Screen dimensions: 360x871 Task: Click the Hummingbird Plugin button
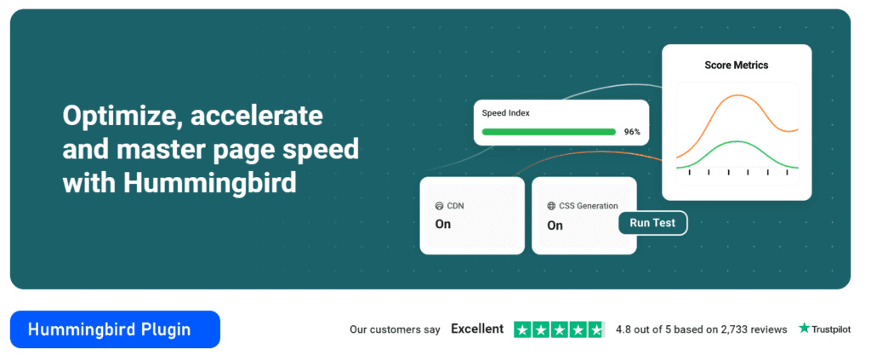115,329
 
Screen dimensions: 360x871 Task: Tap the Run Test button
652,223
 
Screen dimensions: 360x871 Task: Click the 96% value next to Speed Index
632,132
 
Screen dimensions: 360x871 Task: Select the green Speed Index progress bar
549,132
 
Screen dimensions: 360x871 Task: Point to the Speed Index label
506,112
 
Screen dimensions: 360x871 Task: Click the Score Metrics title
737,65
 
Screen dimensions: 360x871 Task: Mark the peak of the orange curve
737,96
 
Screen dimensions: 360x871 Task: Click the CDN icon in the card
439,206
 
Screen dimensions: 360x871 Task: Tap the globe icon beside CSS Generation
551,206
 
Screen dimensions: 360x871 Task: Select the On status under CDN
443,225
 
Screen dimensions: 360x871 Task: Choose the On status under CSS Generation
555,226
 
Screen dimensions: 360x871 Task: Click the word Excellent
477,329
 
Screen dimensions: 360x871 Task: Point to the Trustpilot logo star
804,329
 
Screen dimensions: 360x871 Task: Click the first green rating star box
523,329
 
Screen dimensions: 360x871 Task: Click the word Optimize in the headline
117,116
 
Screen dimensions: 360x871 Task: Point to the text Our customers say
395,329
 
